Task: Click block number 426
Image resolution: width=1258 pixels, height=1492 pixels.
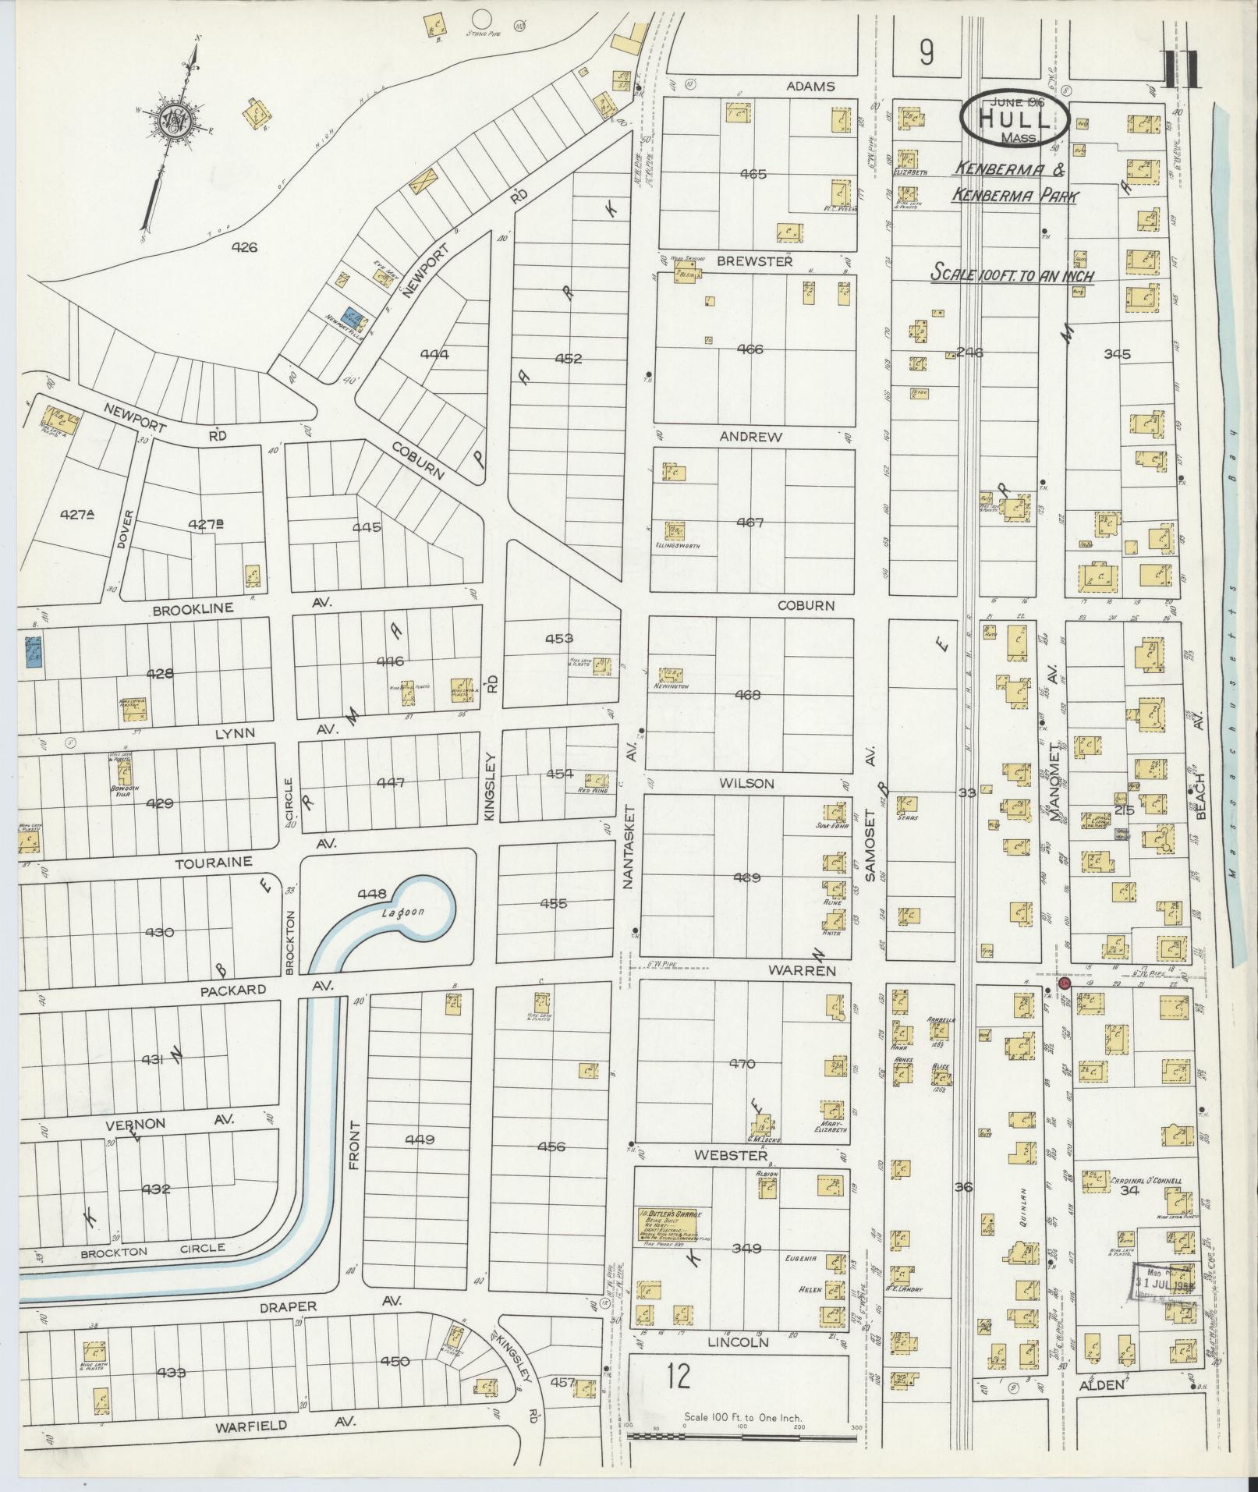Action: point(243,248)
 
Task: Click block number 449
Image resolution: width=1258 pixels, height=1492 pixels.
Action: point(419,1140)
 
